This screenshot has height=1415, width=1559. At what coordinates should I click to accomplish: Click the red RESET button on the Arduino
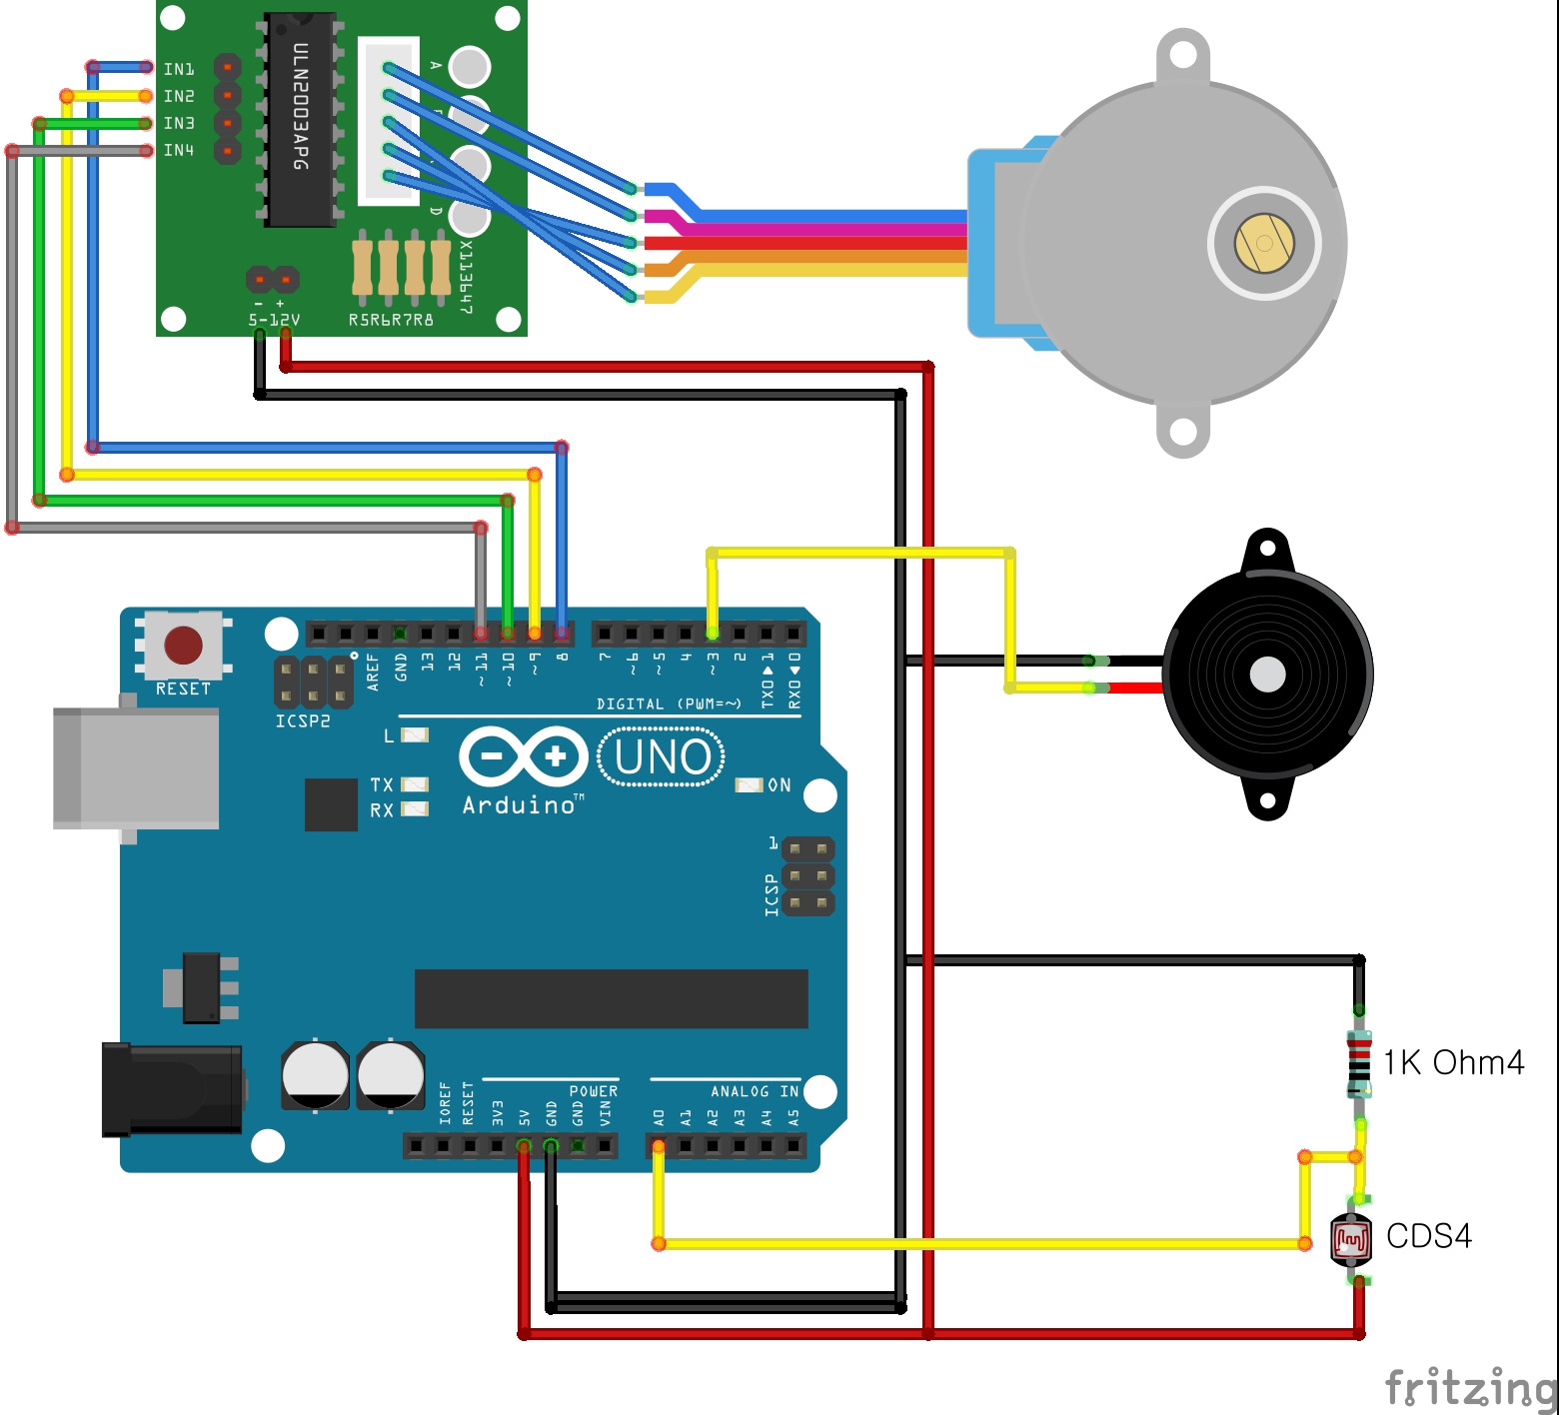tap(183, 646)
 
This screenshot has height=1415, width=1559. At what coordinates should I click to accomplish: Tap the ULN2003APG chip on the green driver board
tap(299, 119)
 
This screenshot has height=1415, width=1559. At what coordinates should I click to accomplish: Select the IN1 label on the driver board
tap(179, 69)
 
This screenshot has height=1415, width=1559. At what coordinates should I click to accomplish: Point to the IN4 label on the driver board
tap(179, 150)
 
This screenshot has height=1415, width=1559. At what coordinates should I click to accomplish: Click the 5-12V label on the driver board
tap(274, 321)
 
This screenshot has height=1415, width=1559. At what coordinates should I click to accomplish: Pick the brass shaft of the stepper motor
tap(1264, 243)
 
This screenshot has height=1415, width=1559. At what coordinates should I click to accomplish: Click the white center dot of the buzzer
tap(1267, 675)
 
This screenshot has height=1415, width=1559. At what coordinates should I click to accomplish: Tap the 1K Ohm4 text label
tap(1453, 1062)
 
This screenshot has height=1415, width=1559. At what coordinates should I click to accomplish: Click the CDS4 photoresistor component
tap(1350, 1240)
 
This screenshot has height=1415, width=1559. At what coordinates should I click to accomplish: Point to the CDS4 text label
tap(1429, 1236)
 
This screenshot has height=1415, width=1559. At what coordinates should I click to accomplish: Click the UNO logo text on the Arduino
tap(663, 757)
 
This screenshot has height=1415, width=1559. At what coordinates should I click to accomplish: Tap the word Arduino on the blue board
tap(520, 805)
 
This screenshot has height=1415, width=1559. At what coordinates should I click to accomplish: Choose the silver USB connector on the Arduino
tap(137, 767)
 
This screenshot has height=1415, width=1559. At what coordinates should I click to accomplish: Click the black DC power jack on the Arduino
tap(172, 1090)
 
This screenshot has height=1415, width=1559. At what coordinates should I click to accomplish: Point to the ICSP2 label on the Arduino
tap(303, 721)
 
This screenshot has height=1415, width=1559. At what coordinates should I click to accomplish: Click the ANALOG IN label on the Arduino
tap(755, 1091)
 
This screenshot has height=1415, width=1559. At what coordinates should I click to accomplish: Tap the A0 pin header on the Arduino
tap(659, 1145)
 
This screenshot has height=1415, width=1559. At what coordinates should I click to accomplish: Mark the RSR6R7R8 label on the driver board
tap(391, 321)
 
